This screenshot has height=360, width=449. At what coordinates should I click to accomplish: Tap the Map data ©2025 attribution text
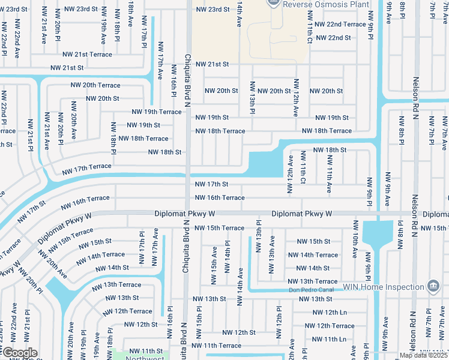[424, 355]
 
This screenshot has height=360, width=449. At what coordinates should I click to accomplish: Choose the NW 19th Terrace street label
[156, 112]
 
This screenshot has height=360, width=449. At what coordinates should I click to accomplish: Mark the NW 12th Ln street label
[327, 313]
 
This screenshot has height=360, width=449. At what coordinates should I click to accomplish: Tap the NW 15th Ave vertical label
[214, 258]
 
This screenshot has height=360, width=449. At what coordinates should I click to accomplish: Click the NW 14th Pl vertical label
[228, 257]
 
